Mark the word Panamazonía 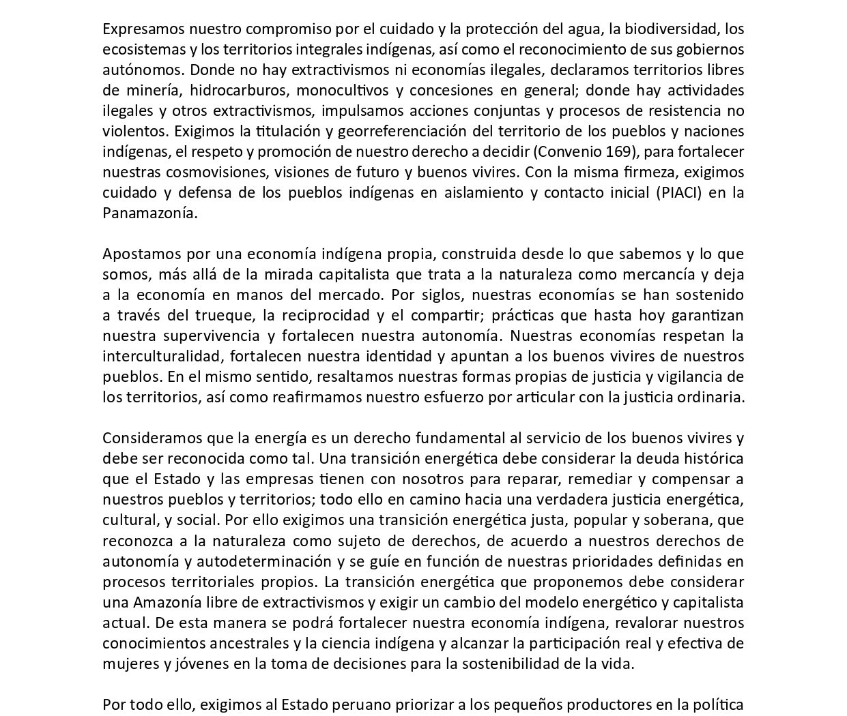coord(150,213)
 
